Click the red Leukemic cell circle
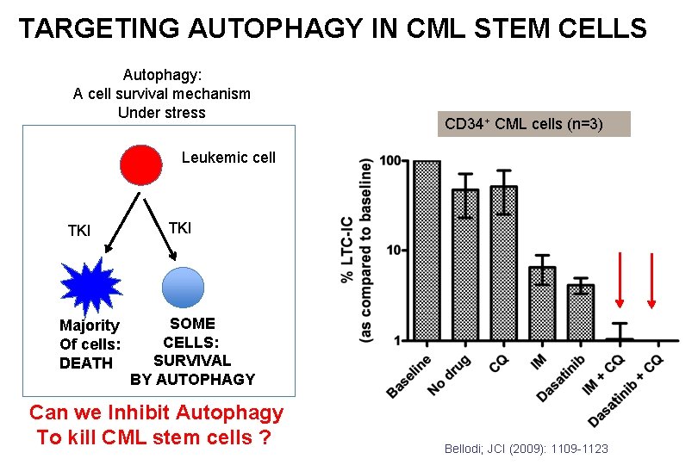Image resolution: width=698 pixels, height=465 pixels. coord(140,167)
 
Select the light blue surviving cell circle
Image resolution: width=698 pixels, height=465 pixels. coord(182,288)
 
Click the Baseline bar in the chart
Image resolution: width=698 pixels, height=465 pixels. coord(427,250)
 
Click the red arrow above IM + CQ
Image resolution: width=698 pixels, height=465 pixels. coord(620,280)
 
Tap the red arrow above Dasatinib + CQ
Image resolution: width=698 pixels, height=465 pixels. coord(652,280)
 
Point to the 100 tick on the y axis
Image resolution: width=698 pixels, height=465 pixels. coord(390,161)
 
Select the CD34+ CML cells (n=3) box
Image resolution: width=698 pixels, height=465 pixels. coord(533,124)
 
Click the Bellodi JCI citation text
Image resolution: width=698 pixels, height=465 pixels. coord(526,449)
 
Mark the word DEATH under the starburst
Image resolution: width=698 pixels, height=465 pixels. coord(85,363)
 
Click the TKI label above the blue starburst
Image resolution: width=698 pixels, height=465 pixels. coord(79,231)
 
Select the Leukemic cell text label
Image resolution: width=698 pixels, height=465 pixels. coord(228,158)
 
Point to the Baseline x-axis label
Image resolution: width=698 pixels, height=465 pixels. coord(409,376)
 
